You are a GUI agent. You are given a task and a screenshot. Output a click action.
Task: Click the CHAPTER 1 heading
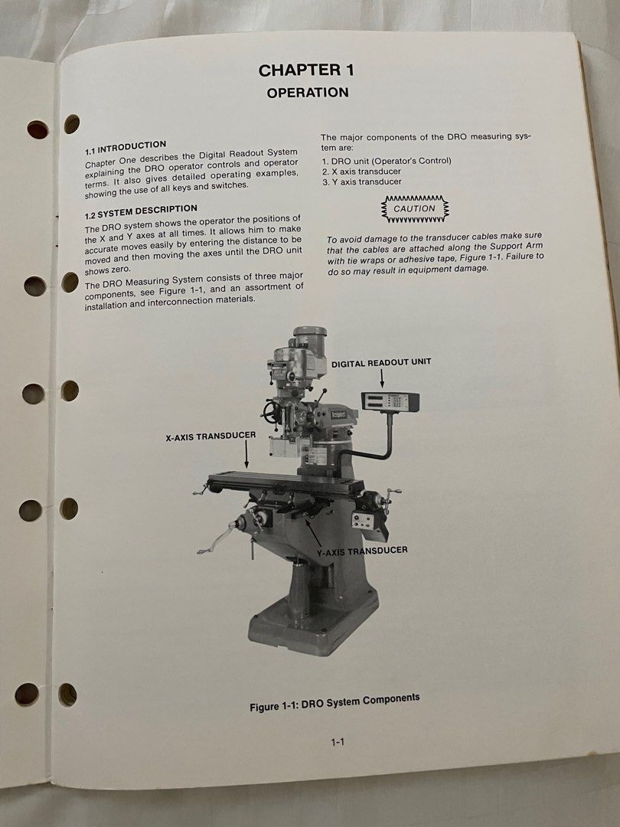[306, 70]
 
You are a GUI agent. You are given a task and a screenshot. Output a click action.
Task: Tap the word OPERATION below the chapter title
[308, 93]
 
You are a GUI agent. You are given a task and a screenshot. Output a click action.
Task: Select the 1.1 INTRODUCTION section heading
[126, 145]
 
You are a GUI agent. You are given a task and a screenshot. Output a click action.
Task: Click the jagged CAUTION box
[414, 208]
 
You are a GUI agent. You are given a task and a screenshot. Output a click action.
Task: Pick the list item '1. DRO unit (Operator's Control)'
[387, 161]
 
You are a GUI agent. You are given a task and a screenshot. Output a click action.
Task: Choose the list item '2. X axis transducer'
[361, 171]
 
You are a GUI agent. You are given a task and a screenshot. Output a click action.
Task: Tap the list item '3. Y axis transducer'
[361, 181]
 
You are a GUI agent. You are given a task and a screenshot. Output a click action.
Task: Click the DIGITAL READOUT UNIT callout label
[381, 362]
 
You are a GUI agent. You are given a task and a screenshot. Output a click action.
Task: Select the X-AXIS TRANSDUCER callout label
[210, 437]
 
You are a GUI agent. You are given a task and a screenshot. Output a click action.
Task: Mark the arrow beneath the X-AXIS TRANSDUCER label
[246, 457]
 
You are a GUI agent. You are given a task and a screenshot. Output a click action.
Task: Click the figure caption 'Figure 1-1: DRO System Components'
[334, 702]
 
